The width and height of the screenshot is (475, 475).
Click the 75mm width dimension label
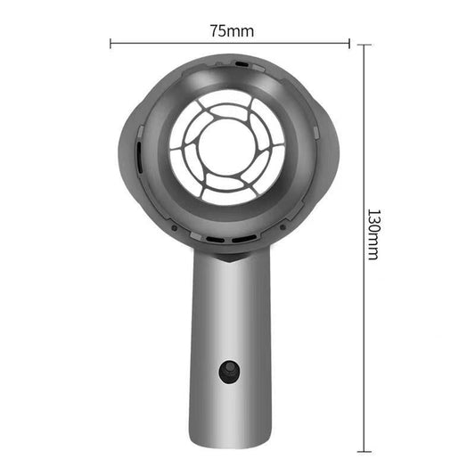(231, 30)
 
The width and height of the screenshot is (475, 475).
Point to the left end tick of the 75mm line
(111, 42)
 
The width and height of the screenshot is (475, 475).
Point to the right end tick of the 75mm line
(349, 42)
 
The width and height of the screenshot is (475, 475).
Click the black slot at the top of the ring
(242, 64)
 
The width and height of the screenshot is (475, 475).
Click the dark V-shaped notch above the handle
(229, 260)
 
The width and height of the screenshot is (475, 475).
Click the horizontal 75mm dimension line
(178, 42)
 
